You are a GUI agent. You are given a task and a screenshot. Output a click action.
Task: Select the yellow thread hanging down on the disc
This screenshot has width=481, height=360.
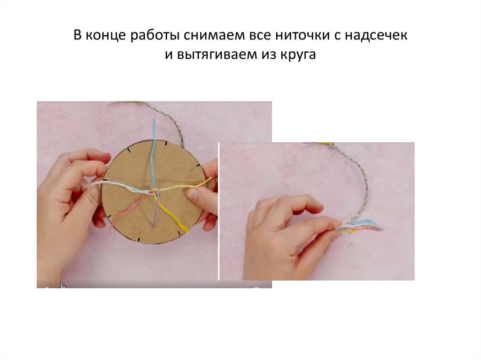coord(174,214)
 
